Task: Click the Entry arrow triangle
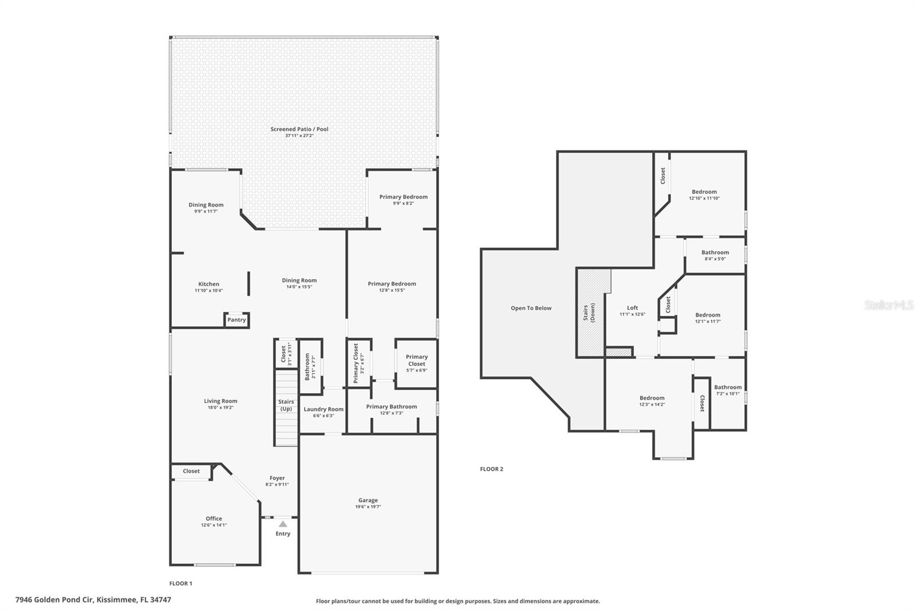(x=283, y=524)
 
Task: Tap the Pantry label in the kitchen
(x=236, y=320)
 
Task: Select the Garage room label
(x=368, y=500)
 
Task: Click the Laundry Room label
(x=323, y=409)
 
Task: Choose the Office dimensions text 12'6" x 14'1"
(x=214, y=525)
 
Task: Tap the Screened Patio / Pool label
(x=299, y=129)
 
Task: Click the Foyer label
(x=277, y=478)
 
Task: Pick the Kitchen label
(x=208, y=284)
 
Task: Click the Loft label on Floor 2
(x=632, y=308)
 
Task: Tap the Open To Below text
(x=531, y=308)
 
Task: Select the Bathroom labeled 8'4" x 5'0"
(x=715, y=252)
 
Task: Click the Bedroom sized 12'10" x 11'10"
(x=704, y=192)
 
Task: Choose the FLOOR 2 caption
(x=491, y=469)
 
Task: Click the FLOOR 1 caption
(x=181, y=584)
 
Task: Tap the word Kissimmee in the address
(x=117, y=600)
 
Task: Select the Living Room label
(x=220, y=401)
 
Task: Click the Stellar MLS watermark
(x=889, y=305)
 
